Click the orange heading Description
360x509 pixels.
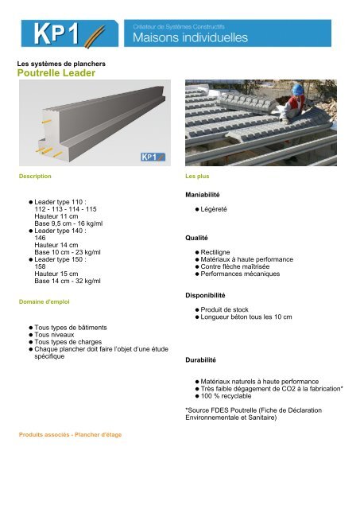point(35,174)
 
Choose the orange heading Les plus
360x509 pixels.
point(196,174)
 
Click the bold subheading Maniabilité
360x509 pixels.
point(202,194)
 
